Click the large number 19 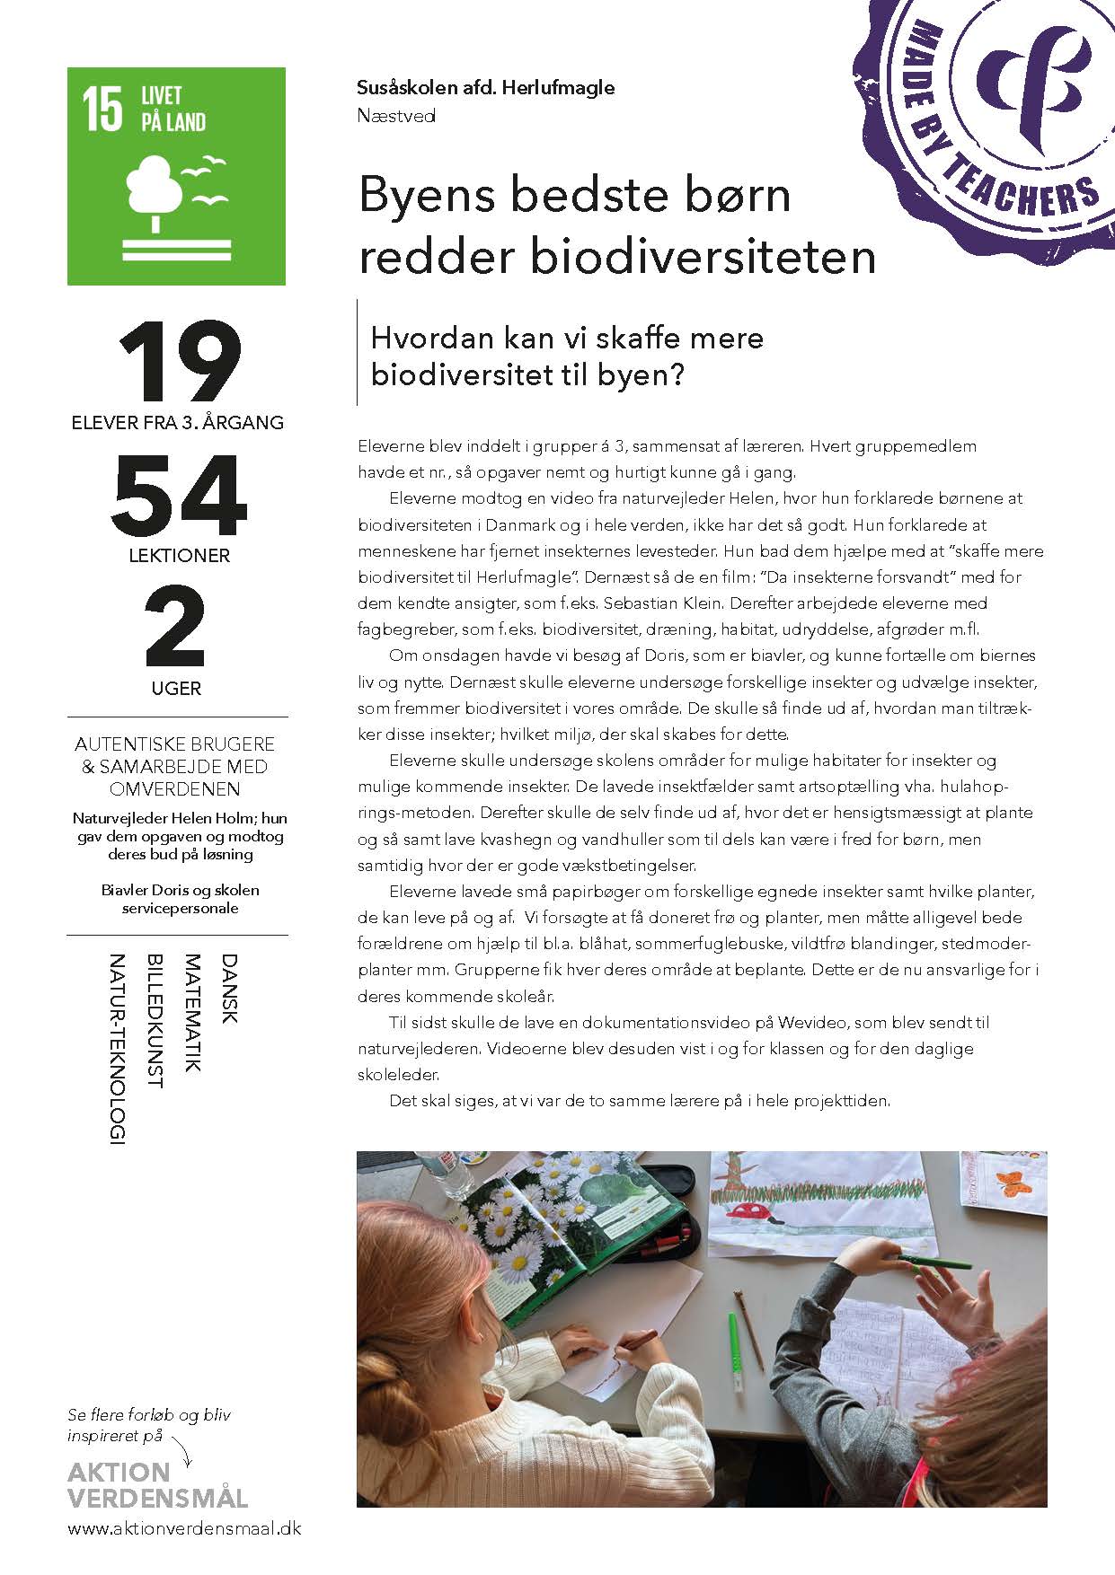click(x=180, y=361)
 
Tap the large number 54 click(x=179, y=496)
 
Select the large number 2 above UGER click(x=176, y=628)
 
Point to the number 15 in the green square click(x=102, y=110)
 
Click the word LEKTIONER click(x=179, y=556)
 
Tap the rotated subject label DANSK click(x=229, y=989)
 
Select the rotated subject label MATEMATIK click(x=192, y=1013)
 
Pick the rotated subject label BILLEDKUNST click(x=155, y=1021)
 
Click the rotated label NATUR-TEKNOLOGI click(x=117, y=1049)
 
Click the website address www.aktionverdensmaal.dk click(x=184, y=1528)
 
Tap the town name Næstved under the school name click(x=395, y=115)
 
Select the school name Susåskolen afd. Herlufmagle click(x=485, y=88)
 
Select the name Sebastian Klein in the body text click(x=657, y=603)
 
